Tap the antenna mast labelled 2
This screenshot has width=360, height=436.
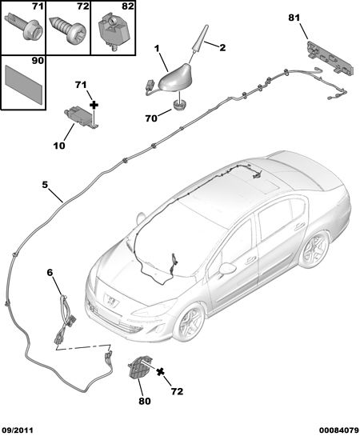200,39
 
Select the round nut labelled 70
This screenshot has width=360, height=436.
179,106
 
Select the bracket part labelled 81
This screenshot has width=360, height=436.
331,58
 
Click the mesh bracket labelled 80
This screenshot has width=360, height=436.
138,366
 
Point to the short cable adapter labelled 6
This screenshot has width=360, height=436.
65,319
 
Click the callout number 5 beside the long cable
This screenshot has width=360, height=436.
45,185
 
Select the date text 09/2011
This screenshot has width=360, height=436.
17,430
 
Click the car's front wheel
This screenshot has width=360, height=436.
189,321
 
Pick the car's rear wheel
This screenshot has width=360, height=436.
314,249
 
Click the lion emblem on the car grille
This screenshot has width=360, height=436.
111,301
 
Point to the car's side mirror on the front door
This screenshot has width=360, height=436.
228,268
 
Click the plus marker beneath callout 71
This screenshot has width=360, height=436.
94,105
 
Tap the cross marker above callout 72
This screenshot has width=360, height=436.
161,371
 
